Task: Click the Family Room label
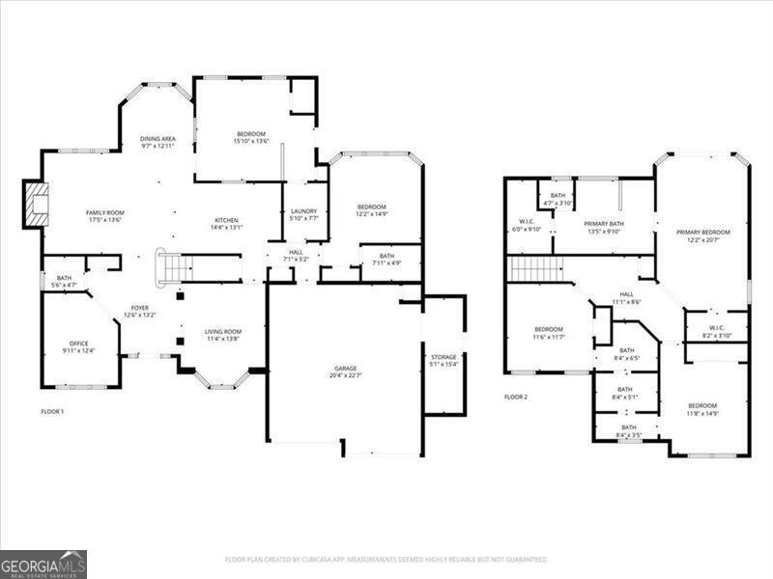click(x=105, y=216)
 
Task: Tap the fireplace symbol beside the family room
click(x=36, y=205)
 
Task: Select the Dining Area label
click(x=157, y=142)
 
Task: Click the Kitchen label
click(x=227, y=223)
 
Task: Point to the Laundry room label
click(x=304, y=214)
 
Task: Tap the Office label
click(x=78, y=346)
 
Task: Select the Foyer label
click(x=140, y=311)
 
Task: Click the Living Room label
click(x=223, y=335)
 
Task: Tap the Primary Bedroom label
click(x=702, y=235)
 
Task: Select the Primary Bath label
click(x=604, y=227)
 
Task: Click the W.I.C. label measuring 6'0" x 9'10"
click(x=527, y=225)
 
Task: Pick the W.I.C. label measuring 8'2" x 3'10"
click(x=716, y=330)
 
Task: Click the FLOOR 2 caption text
click(x=516, y=397)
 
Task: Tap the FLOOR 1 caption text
click(x=52, y=412)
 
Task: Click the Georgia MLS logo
click(x=43, y=564)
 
